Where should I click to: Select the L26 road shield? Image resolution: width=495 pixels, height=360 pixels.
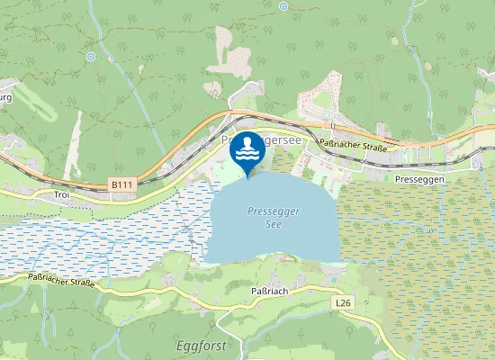tap(341, 304)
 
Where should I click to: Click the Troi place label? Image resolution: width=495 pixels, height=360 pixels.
tap(61, 194)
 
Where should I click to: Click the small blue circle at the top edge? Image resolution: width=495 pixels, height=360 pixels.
tap(283, 6)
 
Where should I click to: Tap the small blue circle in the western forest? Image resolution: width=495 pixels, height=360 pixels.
tap(90, 56)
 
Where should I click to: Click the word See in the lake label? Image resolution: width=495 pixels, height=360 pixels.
tap(274, 224)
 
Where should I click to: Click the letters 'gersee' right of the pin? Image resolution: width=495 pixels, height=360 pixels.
tap(284, 140)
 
